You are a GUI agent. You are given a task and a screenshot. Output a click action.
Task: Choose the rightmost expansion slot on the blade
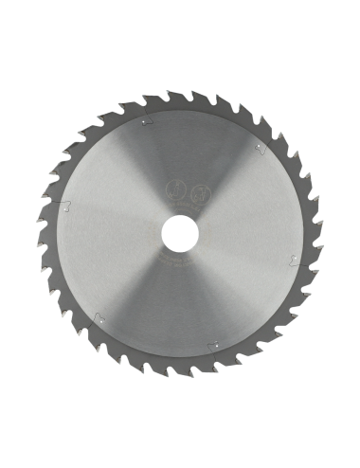tap(296, 262)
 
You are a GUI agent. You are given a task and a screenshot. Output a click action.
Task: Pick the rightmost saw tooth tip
tap(322, 234)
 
